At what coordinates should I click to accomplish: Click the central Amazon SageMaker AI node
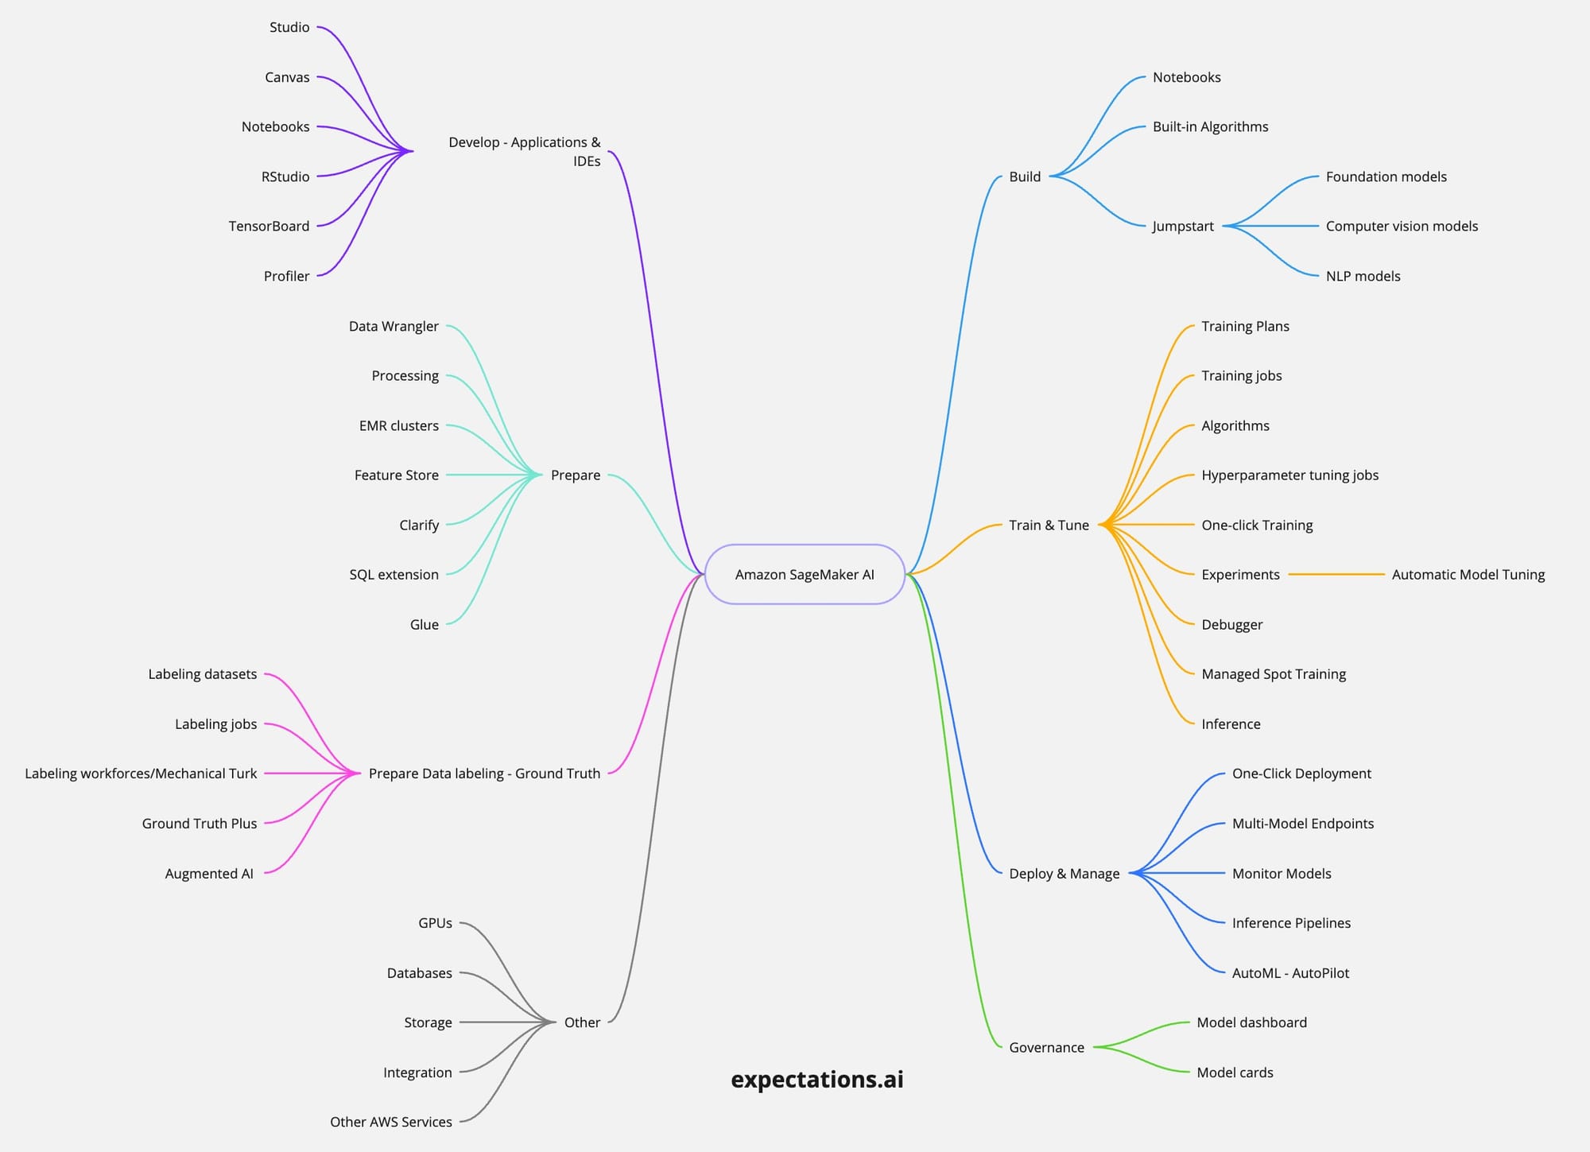[805, 574]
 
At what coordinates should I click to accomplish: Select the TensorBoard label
[269, 226]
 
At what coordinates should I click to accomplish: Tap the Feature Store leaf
[396, 475]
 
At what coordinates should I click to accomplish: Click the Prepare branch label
[575, 475]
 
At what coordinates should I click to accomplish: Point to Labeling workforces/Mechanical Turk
[141, 774]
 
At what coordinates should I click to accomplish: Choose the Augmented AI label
[209, 873]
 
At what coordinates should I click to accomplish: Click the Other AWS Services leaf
[390, 1122]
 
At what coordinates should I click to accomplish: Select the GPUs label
[435, 923]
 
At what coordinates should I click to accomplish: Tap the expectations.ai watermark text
[816, 1079]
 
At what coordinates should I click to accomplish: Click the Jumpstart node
[1183, 226]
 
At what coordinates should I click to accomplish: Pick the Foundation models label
[1386, 176]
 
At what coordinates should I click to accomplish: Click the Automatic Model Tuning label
[1468, 574]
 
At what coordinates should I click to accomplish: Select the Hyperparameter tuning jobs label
[1289, 475]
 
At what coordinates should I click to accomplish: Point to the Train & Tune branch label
[1049, 525]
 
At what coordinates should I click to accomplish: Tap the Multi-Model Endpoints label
[1302, 824]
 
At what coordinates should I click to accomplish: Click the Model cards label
[1235, 1072]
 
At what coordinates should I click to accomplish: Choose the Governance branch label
[1046, 1047]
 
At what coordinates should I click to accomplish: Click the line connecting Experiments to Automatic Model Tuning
[1336, 574]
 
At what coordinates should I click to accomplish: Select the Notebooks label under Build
[1186, 77]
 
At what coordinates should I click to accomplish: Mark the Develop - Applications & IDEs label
[525, 151]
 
